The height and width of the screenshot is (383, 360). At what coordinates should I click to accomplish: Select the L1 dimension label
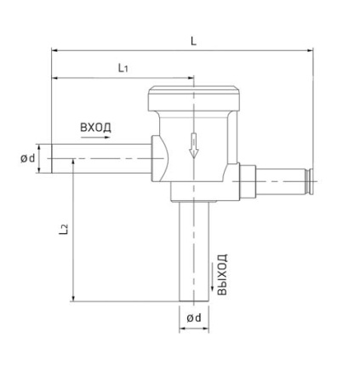(123, 67)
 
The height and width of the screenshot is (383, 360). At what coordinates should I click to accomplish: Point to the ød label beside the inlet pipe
(28, 158)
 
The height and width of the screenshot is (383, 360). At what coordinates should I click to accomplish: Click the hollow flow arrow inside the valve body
(193, 146)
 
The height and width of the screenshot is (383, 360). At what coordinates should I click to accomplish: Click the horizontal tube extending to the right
(281, 180)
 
